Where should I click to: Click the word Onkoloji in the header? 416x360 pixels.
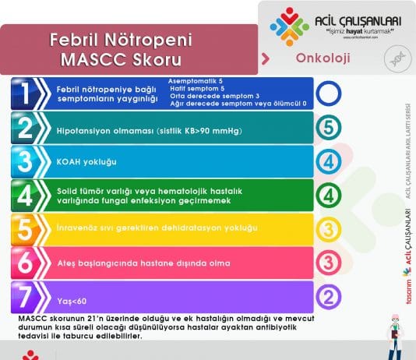(323, 58)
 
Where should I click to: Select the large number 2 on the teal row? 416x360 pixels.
(26, 127)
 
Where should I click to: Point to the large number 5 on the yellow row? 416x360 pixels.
(26, 229)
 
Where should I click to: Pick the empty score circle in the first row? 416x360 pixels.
(329, 94)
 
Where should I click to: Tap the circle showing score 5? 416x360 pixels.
(329, 126)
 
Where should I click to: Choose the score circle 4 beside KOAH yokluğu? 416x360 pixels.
(329, 161)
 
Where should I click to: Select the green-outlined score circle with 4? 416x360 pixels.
(329, 194)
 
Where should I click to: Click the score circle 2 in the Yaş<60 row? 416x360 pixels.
(329, 296)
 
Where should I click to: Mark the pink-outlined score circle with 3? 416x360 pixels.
(329, 262)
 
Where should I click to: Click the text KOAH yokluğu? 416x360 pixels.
(86, 162)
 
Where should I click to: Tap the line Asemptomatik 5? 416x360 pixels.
(196, 81)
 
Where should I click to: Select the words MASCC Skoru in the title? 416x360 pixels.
(120, 59)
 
